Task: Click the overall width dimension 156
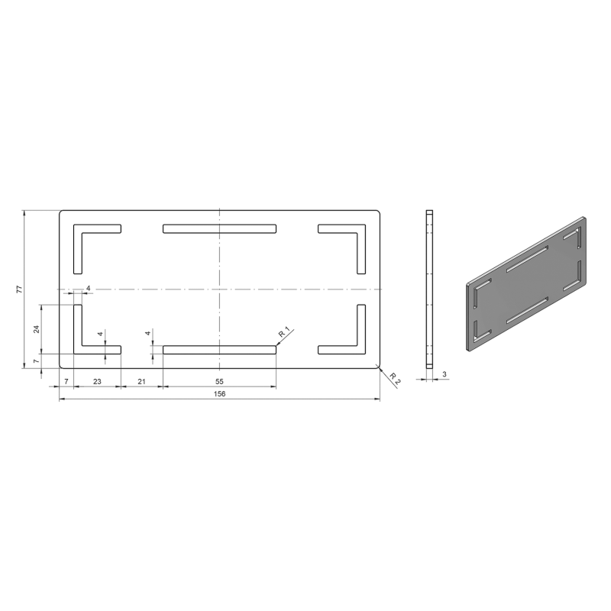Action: click(219, 393)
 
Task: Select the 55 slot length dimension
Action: click(219, 381)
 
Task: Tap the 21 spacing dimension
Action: click(141, 381)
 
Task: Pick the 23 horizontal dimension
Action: click(97, 381)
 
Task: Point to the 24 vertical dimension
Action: click(37, 329)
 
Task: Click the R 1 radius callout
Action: click(284, 333)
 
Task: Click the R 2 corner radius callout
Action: click(395, 379)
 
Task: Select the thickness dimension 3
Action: click(445, 374)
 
